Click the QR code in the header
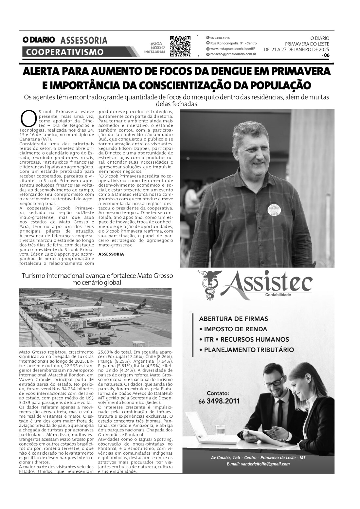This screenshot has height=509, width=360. [x=180, y=46]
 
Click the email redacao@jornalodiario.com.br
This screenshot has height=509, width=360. [x=233, y=54]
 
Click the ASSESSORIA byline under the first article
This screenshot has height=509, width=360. [x=111, y=254]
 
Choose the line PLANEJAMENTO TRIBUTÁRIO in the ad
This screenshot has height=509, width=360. [x=249, y=350]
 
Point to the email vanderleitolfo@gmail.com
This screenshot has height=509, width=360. [x=258, y=464]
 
